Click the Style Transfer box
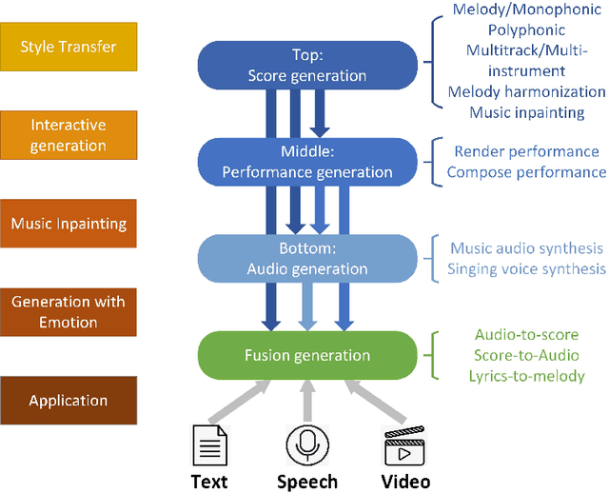pyautogui.click(x=69, y=46)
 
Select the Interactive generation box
pyautogui.click(x=69, y=135)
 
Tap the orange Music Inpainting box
pyautogui.click(x=69, y=225)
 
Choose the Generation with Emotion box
pyautogui.click(x=69, y=312)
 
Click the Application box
pyautogui.click(x=69, y=401)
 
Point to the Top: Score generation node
pyautogui.click(x=307, y=65)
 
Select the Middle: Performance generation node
pyautogui.click(x=307, y=162)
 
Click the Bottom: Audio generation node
pyautogui.click(x=307, y=258)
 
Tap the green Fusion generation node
pyautogui.click(x=307, y=355)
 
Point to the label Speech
pyautogui.click(x=306, y=482)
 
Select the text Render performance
pyautogui.click(x=526, y=151)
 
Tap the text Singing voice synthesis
pyautogui.click(x=526, y=269)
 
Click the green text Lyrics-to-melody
pyautogui.click(x=526, y=376)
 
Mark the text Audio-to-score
pyautogui.click(x=526, y=334)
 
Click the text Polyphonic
pyautogui.click(x=526, y=30)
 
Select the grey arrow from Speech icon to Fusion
pyautogui.click(x=306, y=400)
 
